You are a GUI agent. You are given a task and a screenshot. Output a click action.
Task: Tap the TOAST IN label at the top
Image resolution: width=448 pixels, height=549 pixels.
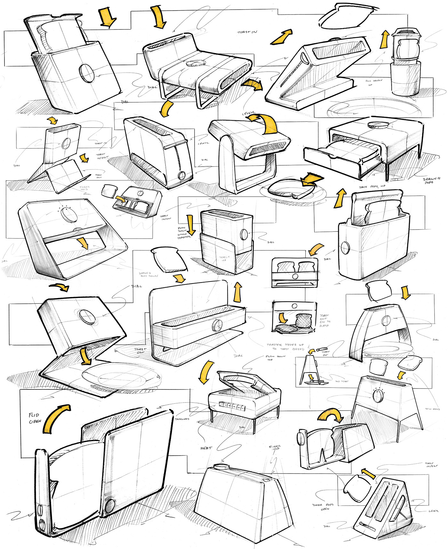[x=247, y=32]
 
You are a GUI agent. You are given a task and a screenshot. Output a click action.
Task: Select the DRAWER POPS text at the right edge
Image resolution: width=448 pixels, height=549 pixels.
[x=431, y=181]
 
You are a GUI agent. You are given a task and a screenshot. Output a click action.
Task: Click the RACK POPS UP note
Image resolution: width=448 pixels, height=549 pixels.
[x=372, y=186]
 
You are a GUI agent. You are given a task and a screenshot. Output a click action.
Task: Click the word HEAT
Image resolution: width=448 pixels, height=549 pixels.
[x=206, y=448]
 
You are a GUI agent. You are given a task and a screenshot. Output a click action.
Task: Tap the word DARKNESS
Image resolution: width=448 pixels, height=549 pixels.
[x=182, y=419]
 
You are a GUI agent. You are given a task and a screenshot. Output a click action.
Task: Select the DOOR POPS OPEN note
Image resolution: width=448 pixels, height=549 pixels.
[x=323, y=507]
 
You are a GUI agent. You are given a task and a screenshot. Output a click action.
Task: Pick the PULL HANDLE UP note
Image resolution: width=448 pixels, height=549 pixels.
[x=374, y=82]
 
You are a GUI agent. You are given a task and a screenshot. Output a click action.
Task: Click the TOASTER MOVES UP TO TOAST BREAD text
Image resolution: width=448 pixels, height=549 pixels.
[x=285, y=347]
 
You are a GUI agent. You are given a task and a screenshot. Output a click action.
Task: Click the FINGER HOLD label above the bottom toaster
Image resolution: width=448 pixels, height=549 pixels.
[x=275, y=447]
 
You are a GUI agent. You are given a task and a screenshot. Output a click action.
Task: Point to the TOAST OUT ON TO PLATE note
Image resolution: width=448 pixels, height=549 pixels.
[x=325, y=320]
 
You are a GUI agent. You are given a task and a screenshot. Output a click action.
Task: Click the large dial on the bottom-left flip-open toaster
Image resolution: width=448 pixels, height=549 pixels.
[x=110, y=505]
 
